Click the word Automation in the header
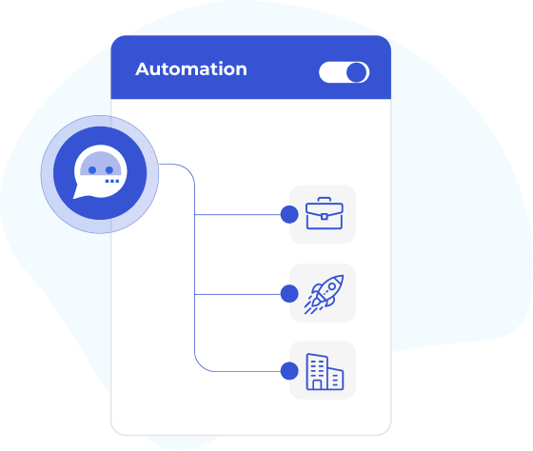pyautogui.click(x=191, y=69)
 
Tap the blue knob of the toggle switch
pyautogui.click(x=357, y=72)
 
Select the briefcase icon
pyautogui.click(x=325, y=213)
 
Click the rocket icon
pyautogui.click(x=324, y=294)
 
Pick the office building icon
pyautogui.click(x=325, y=371)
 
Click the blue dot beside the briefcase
pyautogui.click(x=289, y=214)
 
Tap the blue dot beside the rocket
pyautogui.click(x=289, y=294)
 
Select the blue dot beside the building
pyautogui.click(x=289, y=371)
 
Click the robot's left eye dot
pyautogui.click(x=92, y=170)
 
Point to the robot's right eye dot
pyautogui.click(x=109, y=170)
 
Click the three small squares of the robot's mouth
pyautogui.click(x=112, y=181)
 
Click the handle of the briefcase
pyautogui.click(x=325, y=200)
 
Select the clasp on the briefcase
pyautogui.click(x=325, y=217)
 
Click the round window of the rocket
pyautogui.click(x=332, y=286)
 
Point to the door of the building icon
pyautogui.click(x=317, y=384)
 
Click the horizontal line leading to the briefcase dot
pyautogui.click(x=238, y=214)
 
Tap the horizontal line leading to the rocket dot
pyautogui.click(x=238, y=294)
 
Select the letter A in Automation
pyautogui.click(x=143, y=69)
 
